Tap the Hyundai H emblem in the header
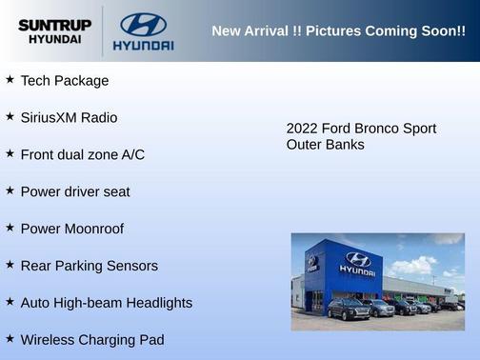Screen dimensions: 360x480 [143, 24]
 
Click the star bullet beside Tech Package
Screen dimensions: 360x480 [10, 80]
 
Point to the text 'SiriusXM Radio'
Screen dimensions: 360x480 [69, 118]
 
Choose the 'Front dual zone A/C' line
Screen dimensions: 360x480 [82, 154]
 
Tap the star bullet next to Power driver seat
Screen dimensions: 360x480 [10, 190]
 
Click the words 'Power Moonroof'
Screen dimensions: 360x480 [71, 229]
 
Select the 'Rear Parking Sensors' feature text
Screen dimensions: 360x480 [89, 266]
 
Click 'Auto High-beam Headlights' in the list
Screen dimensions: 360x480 [106, 303]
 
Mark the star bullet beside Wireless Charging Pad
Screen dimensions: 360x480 [10, 338]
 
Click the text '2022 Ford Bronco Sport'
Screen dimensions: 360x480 [361, 129]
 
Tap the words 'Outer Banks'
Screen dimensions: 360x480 [325, 145]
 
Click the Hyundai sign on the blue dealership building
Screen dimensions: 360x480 [357, 262]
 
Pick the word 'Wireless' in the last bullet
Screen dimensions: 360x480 [50, 340]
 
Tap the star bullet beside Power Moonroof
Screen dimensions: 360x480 [10, 228]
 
